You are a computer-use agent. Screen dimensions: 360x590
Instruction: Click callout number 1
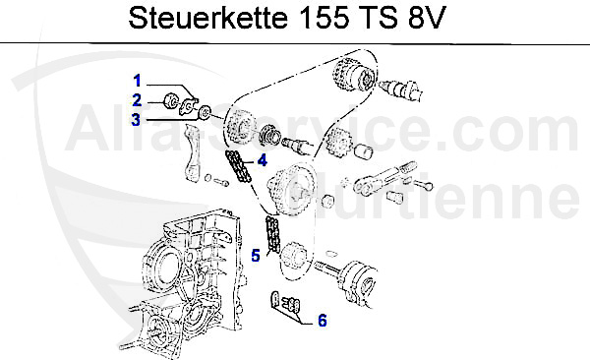pyautogui.click(x=139, y=79)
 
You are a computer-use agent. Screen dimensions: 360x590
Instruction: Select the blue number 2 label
pyautogui.click(x=139, y=98)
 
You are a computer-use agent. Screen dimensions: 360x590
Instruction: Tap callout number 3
pyautogui.click(x=139, y=119)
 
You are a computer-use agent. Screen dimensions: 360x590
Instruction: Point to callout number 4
pyautogui.click(x=262, y=160)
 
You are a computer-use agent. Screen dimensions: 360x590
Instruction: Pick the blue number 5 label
pyautogui.click(x=254, y=256)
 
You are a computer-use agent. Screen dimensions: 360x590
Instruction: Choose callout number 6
pyautogui.click(x=321, y=320)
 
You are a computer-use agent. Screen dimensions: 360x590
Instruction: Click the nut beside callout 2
pyautogui.click(x=169, y=99)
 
